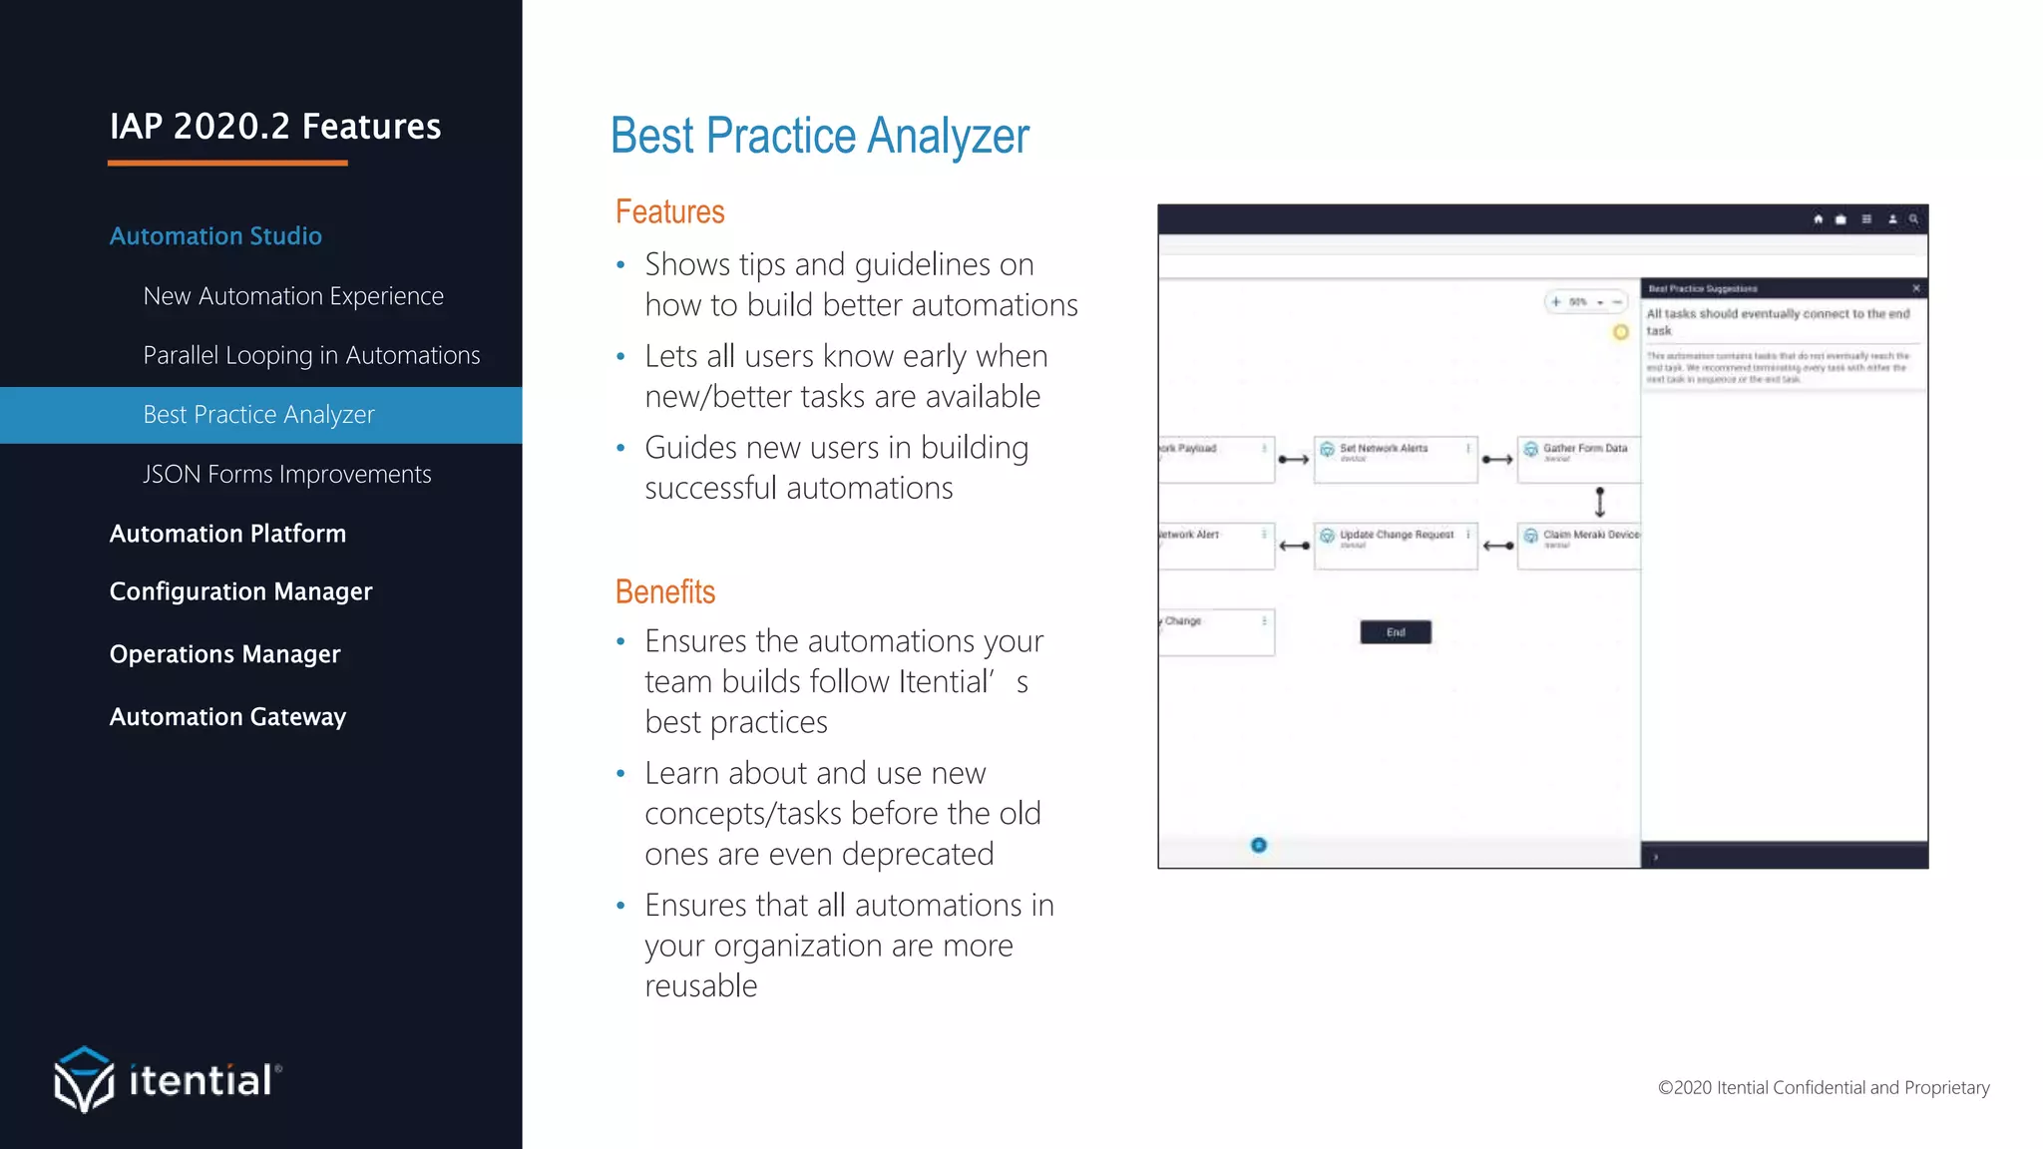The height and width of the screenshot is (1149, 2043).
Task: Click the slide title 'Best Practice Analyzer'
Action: [x=819, y=137]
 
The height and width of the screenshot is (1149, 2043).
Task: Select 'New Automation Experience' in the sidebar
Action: [x=293, y=296]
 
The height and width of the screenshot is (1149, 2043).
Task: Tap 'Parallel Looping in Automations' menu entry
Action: [x=311, y=355]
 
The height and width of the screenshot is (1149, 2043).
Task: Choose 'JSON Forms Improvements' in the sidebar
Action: [x=287, y=474]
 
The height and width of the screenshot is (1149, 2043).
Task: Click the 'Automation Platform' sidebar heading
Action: [x=227, y=534]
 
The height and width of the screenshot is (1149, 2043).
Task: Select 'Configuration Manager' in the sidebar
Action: [x=240, y=591]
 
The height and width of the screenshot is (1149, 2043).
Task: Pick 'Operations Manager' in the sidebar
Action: [x=224, y=654]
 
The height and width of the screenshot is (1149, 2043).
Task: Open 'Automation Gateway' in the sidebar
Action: [x=227, y=717]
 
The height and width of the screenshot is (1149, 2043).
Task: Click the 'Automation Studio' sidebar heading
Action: [x=215, y=236]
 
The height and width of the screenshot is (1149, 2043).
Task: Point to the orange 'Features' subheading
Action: [x=669, y=212]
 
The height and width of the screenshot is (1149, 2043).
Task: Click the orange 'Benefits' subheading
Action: [x=665, y=592]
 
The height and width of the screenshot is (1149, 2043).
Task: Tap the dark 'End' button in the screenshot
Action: [x=1396, y=632]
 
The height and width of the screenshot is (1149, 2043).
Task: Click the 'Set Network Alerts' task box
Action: [x=1395, y=460]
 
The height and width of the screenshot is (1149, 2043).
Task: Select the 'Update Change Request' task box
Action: [x=1395, y=546]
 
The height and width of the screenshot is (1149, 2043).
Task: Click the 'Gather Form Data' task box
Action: [x=1579, y=460]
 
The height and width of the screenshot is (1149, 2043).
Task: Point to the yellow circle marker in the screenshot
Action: [x=1621, y=332]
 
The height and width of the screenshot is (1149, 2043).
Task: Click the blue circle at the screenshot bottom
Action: [x=1259, y=846]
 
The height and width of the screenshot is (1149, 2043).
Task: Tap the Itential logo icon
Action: [x=84, y=1079]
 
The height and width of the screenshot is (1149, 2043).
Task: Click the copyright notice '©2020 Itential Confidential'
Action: [x=1823, y=1088]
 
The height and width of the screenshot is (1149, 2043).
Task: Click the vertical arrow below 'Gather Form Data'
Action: [x=1600, y=502]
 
